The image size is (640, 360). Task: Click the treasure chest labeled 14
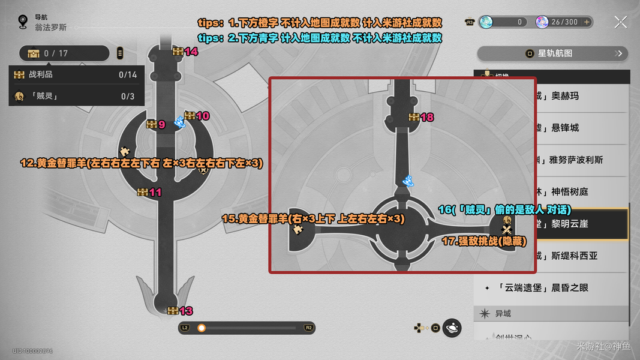tap(178, 52)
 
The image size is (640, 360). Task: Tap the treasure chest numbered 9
tap(152, 124)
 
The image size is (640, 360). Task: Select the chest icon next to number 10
tap(190, 116)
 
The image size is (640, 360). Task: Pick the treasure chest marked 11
tap(142, 192)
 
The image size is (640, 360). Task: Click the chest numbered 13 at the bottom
tap(173, 310)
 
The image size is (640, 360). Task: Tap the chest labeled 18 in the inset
tap(413, 117)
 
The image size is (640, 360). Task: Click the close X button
tap(621, 22)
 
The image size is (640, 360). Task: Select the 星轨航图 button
tap(552, 53)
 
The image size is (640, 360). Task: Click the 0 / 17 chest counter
tap(65, 53)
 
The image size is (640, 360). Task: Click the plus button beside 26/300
tap(587, 22)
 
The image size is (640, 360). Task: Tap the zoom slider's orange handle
tap(202, 328)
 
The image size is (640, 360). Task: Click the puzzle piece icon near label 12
tap(125, 151)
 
